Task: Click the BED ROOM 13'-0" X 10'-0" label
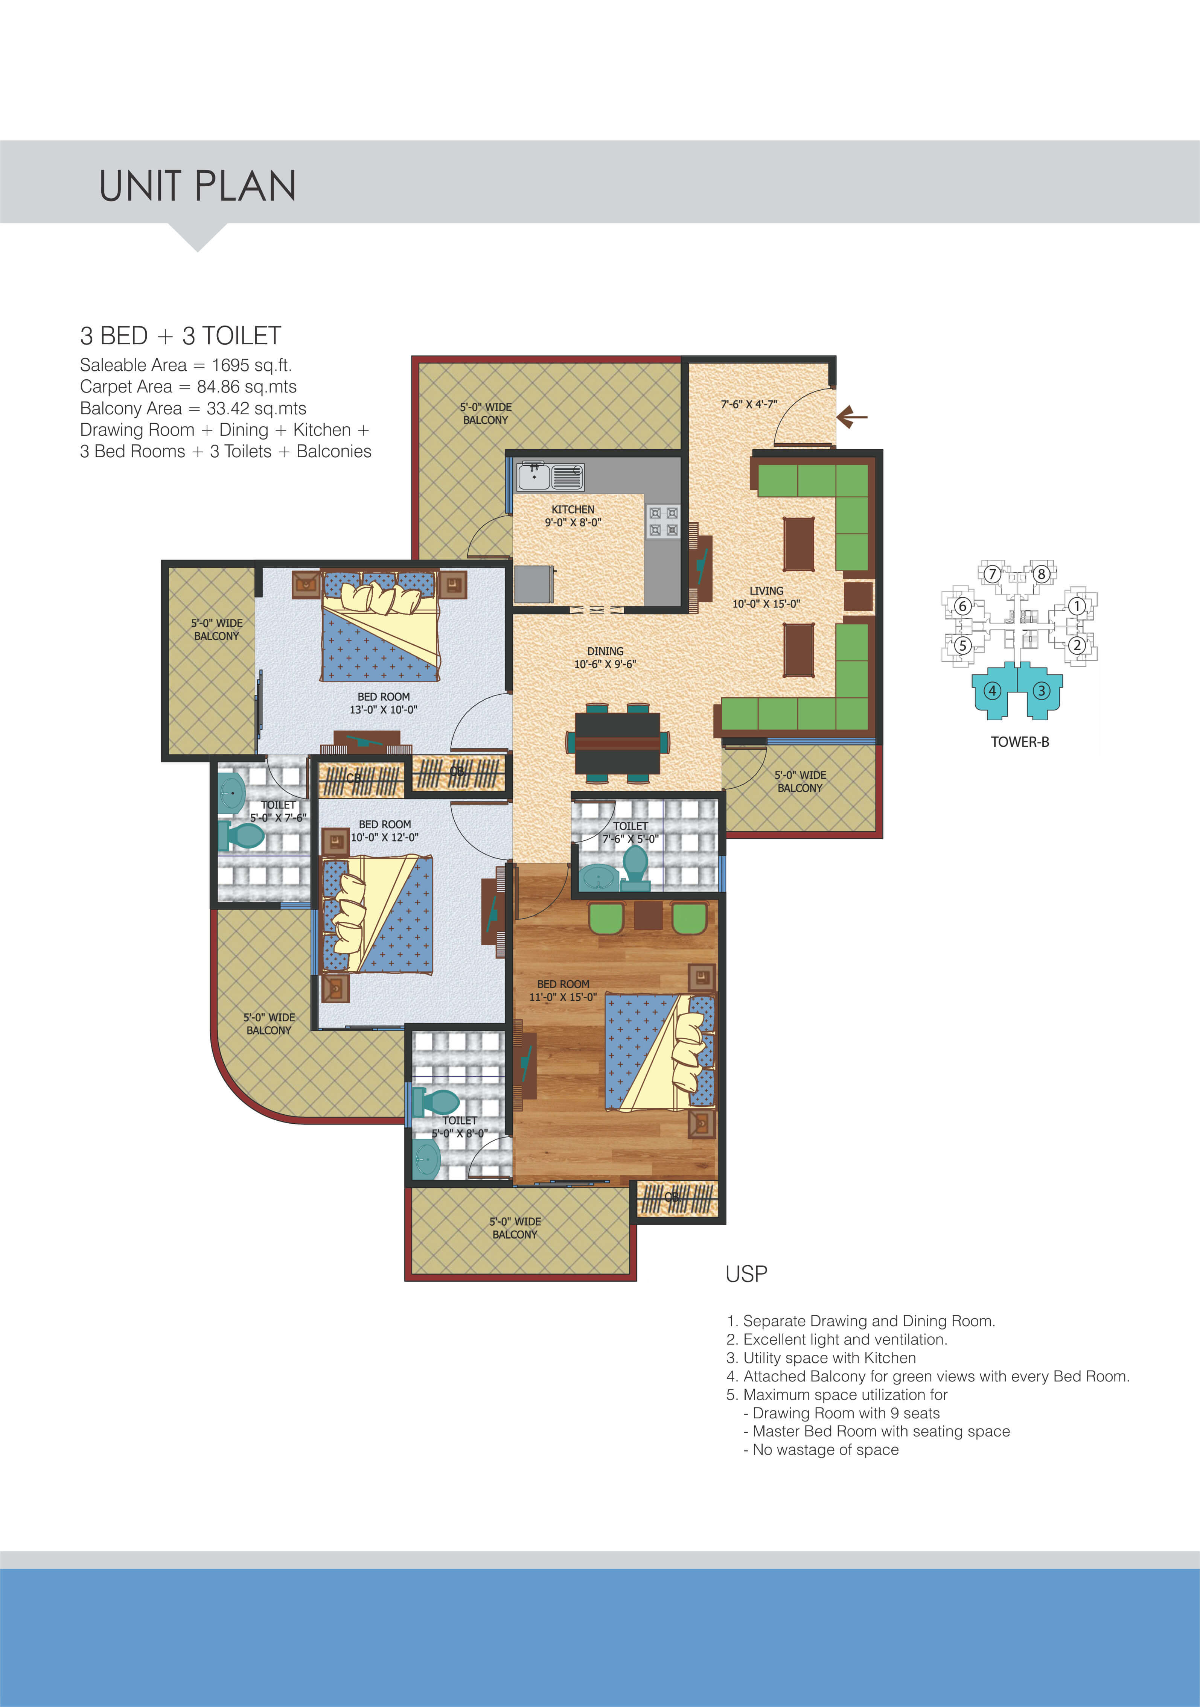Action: point(384,703)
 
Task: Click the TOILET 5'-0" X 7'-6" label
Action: point(278,811)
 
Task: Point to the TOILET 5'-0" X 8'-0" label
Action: point(460,1126)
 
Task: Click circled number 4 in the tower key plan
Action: point(992,691)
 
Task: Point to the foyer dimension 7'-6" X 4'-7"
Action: point(749,405)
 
